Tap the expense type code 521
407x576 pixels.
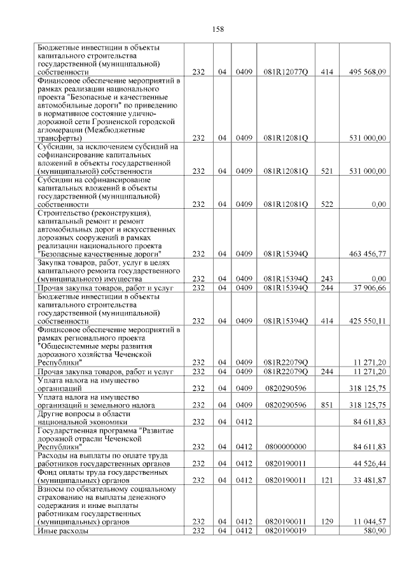pyautogui.click(x=327, y=171)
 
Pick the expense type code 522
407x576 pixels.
pyautogui.click(x=327, y=204)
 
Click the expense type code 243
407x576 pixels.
pyautogui.click(x=327, y=279)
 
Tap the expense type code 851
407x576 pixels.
pyautogui.click(x=327, y=404)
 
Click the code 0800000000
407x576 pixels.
pyautogui.click(x=286, y=446)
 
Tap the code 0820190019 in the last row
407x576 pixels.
pyautogui.click(x=286, y=530)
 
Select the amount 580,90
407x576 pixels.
pyautogui.click(x=375, y=530)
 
